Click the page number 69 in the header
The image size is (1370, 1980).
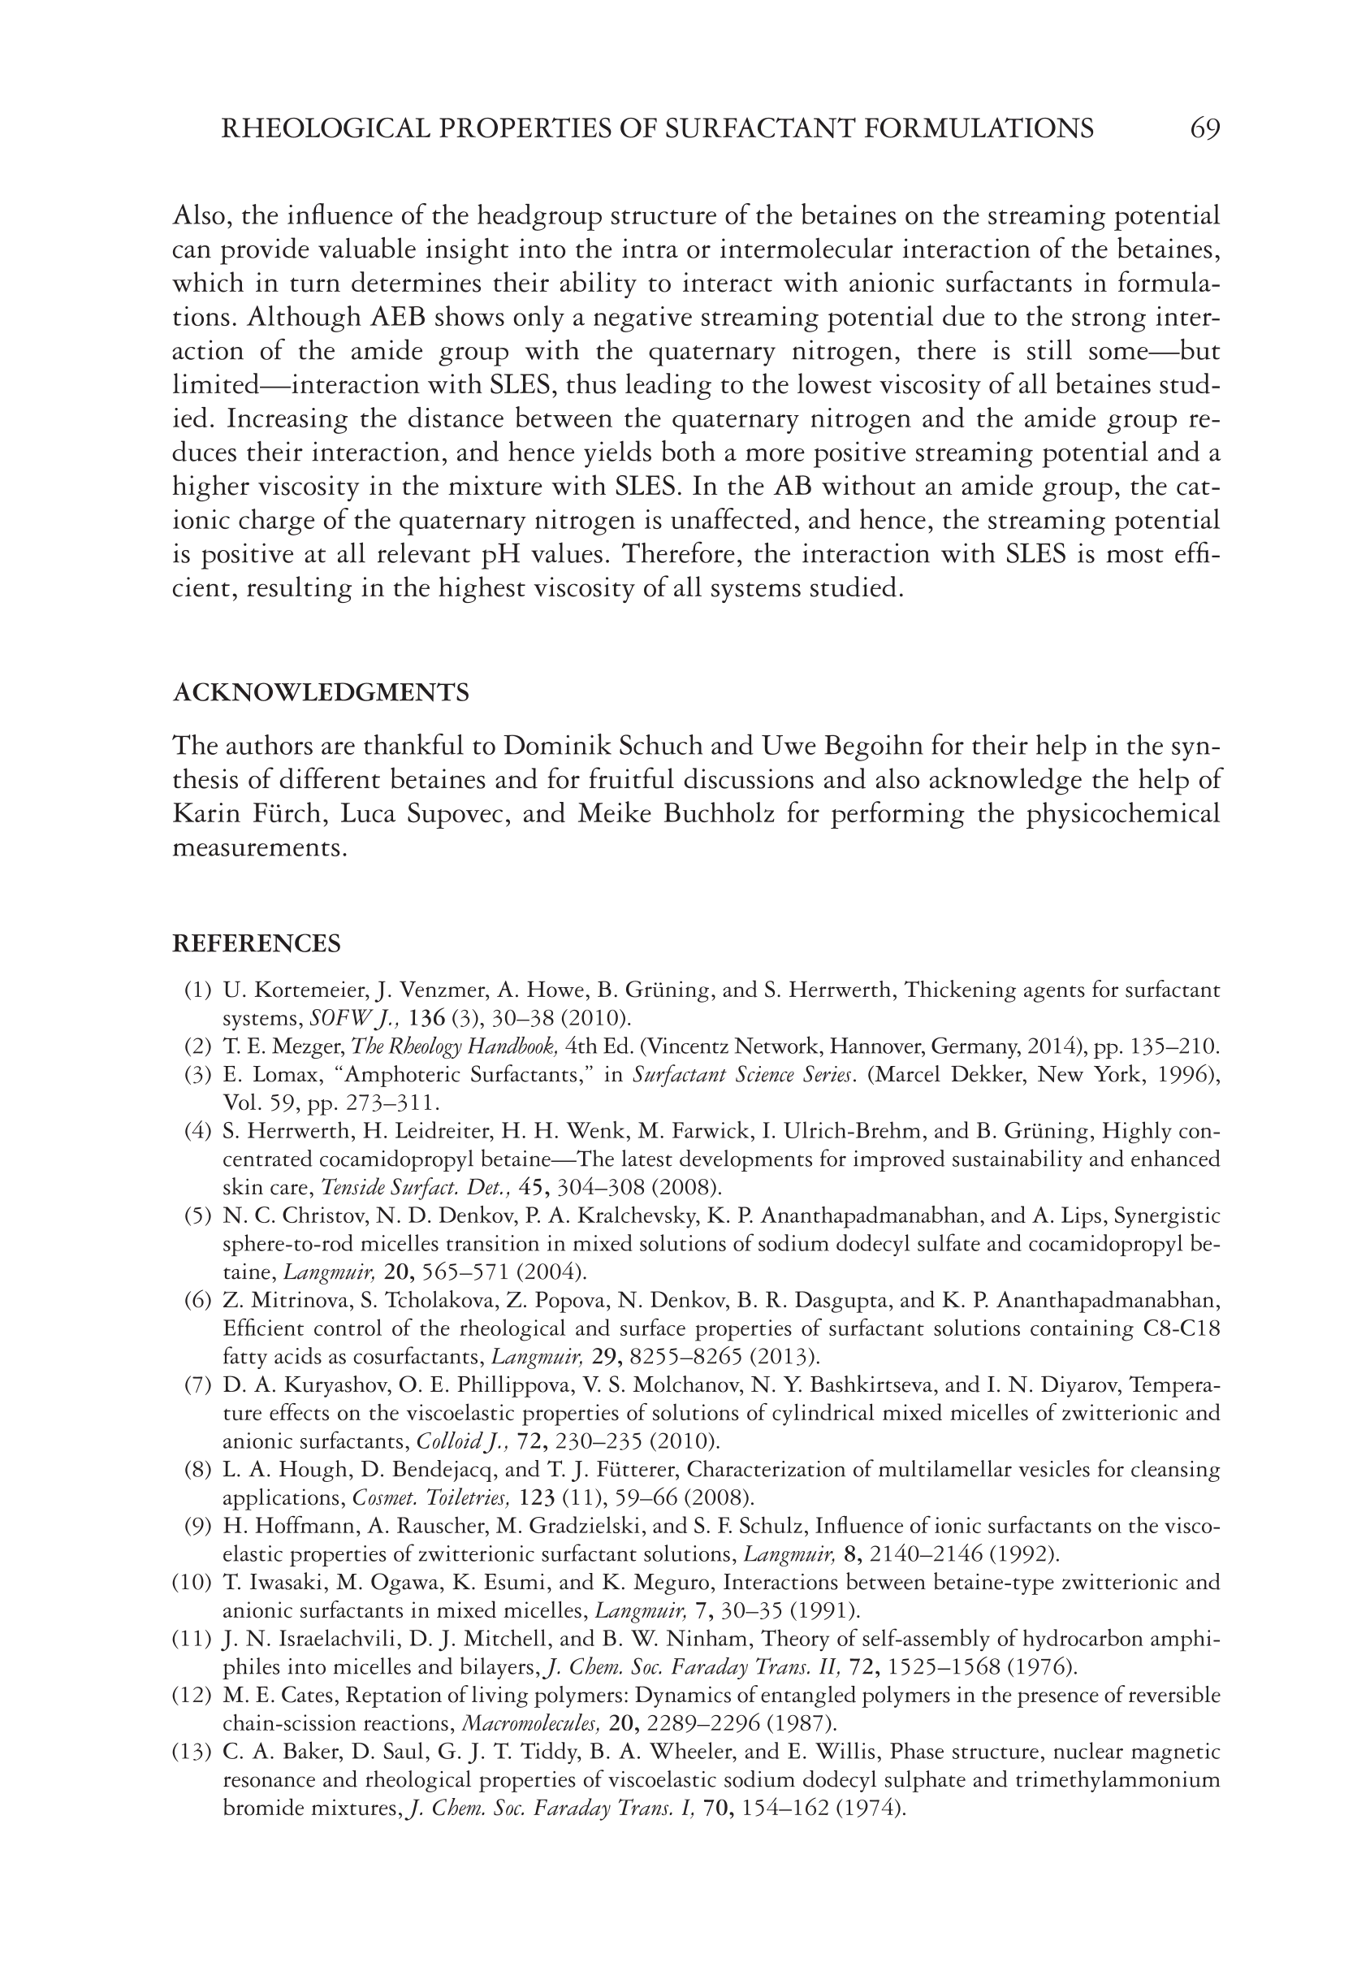tap(1204, 129)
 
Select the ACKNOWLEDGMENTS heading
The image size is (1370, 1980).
tap(321, 693)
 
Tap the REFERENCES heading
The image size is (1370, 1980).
tap(257, 943)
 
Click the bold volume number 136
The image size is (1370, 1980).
tap(426, 1018)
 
